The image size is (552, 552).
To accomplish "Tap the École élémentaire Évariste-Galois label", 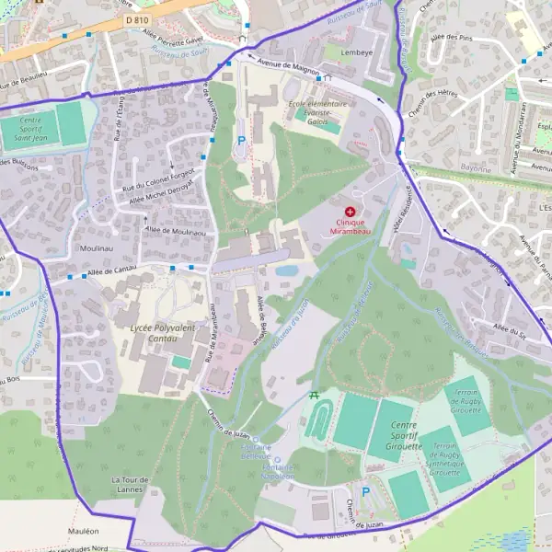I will click(317, 112).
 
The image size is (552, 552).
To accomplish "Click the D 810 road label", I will click(136, 19).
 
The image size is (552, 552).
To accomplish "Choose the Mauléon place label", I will click(83, 531).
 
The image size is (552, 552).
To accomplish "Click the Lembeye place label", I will click(359, 52).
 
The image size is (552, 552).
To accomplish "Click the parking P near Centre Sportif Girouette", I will click(365, 492).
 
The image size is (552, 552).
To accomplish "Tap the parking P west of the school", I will click(241, 141).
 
